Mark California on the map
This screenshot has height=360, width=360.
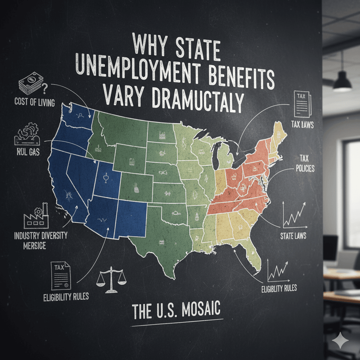[x=65, y=186]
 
